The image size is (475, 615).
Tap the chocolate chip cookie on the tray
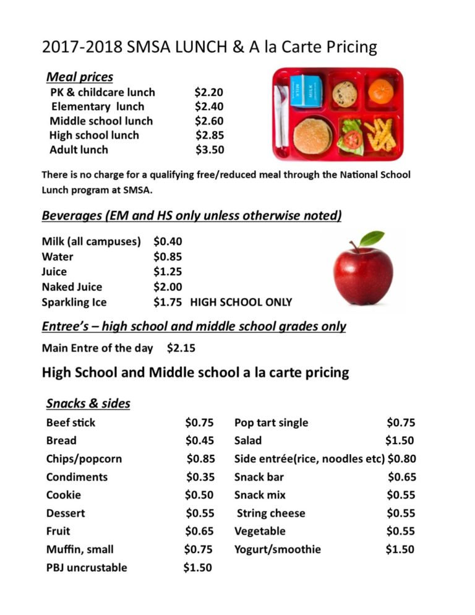point(344,93)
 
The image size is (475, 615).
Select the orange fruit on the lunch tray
point(380,92)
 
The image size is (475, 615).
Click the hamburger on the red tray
point(312,136)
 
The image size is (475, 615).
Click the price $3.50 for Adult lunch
point(210,150)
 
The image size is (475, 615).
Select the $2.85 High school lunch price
point(210,135)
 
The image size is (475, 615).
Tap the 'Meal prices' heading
point(80,77)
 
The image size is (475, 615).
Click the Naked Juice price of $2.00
point(168,287)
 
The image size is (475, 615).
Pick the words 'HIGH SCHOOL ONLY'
point(241,303)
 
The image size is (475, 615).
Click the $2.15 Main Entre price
point(181,348)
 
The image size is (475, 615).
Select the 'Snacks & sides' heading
point(88,403)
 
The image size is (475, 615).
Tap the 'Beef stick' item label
point(71,423)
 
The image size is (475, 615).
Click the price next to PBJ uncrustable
point(197,567)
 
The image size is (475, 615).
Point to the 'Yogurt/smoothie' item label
point(277,549)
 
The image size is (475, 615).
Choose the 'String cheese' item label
point(271,513)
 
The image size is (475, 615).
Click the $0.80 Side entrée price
point(402,459)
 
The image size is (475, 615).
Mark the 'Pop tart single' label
point(271,423)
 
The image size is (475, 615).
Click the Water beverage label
point(58,257)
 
